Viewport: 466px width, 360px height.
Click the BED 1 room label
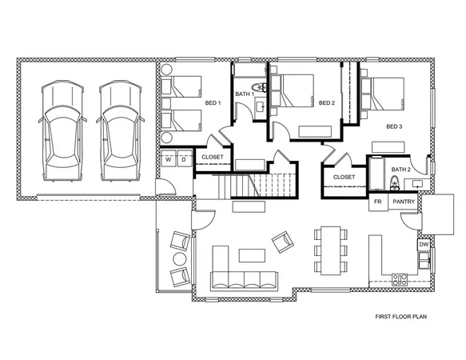pyautogui.click(x=213, y=103)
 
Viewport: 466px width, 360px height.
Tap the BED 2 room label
pyautogui.click(x=325, y=103)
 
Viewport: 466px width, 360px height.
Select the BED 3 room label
pyautogui.click(x=393, y=126)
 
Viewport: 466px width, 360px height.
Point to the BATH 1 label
pyautogui.click(x=244, y=94)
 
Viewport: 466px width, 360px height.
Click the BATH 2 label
pyautogui.click(x=400, y=170)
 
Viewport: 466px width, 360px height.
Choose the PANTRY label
pyautogui.click(x=404, y=202)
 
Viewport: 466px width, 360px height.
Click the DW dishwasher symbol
pyautogui.click(x=423, y=245)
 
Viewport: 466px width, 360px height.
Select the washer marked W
pyautogui.click(x=169, y=160)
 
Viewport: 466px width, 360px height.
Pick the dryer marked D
pyautogui.click(x=183, y=160)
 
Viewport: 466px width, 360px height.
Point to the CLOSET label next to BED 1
pyautogui.click(x=212, y=158)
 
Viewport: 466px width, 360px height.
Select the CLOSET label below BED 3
pyautogui.click(x=344, y=177)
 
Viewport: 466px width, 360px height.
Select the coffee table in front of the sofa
pyautogui.click(x=251, y=254)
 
